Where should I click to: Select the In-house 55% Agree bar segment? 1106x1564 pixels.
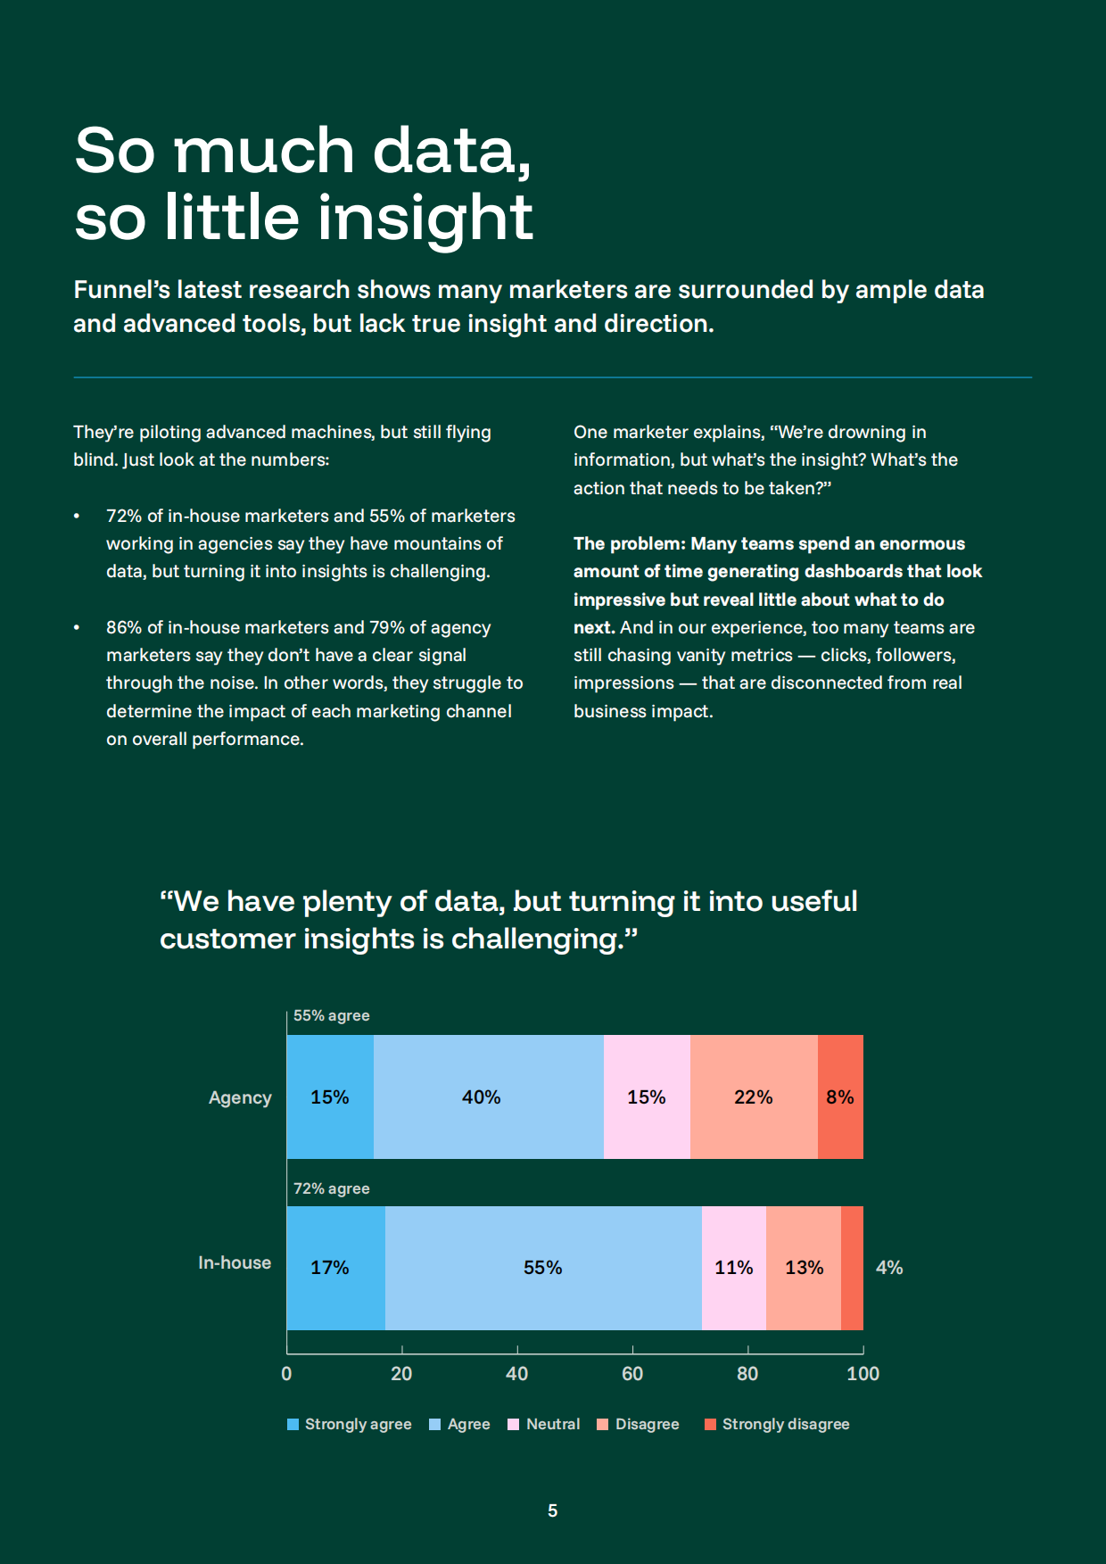click(x=543, y=1268)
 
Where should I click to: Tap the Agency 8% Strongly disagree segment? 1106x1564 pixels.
click(x=840, y=1096)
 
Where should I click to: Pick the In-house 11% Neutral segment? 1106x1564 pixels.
click(x=733, y=1268)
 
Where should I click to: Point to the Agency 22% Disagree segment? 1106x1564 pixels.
click(x=754, y=1096)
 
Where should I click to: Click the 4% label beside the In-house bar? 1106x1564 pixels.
click(x=889, y=1268)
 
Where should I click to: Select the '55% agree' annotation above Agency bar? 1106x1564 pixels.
click(x=331, y=1015)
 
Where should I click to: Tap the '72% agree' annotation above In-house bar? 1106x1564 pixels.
click(x=331, y=1188)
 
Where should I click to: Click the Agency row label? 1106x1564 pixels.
click(x=240, y=1097)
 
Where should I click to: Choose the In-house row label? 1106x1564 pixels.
click(x=235, y=1262)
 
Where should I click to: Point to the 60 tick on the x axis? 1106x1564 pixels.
click(x=632, y=1373)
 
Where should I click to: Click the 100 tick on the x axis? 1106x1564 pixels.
click(x=863, y=1373)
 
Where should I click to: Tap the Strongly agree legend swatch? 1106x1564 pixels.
click(x=293, y=1424)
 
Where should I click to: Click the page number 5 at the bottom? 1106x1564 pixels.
click(x=553, y=1510)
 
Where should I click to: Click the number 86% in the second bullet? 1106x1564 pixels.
click(x=124, y=627)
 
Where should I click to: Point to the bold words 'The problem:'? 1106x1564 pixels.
click(x=629, y=543)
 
